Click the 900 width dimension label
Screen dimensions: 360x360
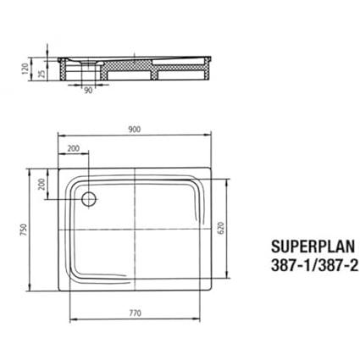(x=135, y=130)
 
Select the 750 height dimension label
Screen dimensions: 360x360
(x=24, y=230)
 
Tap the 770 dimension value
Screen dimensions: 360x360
(x=136, y=313)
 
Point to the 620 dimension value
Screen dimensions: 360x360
(x=221, y=228)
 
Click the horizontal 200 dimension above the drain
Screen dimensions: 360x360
(x=74, y=148)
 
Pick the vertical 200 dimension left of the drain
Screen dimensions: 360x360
(x=42, y=184)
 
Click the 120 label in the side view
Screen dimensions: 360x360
(x=25, y=69)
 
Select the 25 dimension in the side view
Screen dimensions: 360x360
(x=42, y=74)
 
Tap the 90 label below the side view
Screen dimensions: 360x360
(x=88, y=91)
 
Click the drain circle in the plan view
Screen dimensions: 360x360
(x=89, y=199)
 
